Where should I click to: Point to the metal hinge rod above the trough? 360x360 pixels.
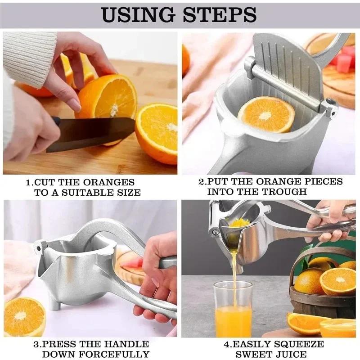[x=288, y=85]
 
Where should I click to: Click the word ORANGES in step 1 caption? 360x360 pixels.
[x=111, y=182]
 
